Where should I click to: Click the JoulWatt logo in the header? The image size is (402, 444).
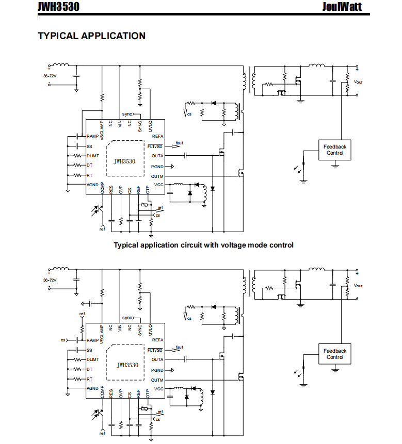coord(342,7)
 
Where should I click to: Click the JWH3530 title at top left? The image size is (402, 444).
coord(59,7)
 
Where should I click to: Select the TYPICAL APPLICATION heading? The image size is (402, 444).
coord(92,36)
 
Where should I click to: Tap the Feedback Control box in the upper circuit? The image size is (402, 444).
coord(335,150)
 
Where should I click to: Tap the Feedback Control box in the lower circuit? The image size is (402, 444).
coord(335,354)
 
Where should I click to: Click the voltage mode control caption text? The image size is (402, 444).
coord(203,245)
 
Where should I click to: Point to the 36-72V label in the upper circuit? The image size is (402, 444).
coord(50,76)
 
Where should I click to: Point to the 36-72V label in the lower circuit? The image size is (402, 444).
coord(50,280)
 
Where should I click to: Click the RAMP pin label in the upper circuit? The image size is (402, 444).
coord(93,136)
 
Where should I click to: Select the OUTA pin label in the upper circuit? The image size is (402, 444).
coord(157,156)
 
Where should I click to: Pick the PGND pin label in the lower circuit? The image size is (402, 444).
coord(157,370)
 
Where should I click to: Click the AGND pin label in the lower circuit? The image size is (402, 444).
coord(93,388)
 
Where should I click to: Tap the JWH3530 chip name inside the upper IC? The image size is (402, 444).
coord(125,161)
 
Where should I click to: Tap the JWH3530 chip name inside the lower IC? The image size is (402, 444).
coord(128,365)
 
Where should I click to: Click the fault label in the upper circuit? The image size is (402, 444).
coord(180,143)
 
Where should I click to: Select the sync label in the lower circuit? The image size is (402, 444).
coord(127,318)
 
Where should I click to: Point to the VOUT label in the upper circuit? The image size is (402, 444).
coord(358,82)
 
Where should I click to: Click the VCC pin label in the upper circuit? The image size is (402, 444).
coord(158,185)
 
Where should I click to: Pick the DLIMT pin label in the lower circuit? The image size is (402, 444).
coord(93,359)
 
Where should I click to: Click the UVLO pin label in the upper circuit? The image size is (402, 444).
coord(150,126)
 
